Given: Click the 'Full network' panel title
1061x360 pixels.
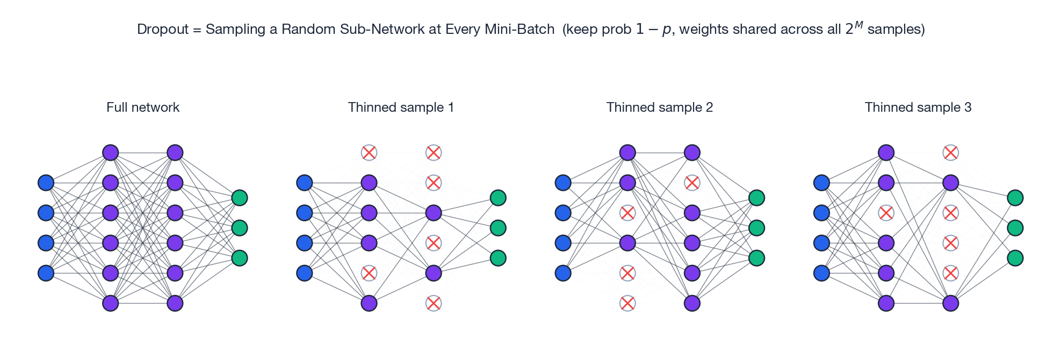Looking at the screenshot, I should tap(142, 107).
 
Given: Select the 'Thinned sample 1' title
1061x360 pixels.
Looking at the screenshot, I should tap(401, 107).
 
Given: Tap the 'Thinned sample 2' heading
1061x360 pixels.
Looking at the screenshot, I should tap(659, 107).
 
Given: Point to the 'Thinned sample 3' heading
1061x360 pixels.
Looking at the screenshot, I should tap(918, 107).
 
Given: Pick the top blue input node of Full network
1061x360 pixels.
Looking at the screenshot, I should tap(46, 183).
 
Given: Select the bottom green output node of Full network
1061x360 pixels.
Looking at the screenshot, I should tap(240, 258).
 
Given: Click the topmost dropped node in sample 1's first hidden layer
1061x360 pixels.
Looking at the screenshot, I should tap(369, 153).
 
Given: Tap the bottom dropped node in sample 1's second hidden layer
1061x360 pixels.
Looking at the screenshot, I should tap(434, 303).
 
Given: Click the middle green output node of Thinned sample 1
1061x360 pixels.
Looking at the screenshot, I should tap(498, 228).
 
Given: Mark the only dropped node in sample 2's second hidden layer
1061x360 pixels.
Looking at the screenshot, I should tap(692, 183).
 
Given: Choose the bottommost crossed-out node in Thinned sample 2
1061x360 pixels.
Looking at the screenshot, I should tap(627, 303).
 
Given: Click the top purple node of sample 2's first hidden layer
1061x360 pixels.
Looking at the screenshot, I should tap(627, 153).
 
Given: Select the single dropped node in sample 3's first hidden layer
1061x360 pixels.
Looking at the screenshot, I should tap(886, 213).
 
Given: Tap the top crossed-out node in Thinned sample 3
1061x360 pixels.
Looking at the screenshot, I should tap(950, 153).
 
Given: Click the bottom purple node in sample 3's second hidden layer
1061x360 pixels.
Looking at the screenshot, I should tap(950, 303).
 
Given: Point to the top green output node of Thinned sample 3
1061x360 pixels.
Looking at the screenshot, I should tap(1015, 198).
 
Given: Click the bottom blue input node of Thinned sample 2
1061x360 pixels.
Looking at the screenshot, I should tap(563, 273).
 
